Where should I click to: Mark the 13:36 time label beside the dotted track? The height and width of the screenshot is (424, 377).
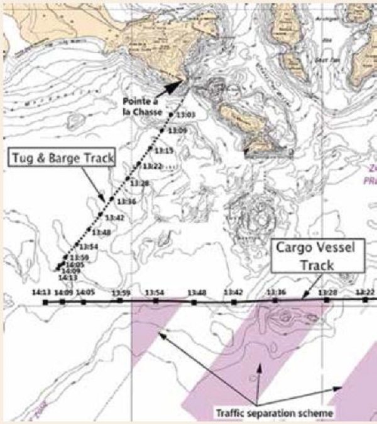(126, 201)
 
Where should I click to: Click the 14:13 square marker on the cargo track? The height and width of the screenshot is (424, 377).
(46, 302)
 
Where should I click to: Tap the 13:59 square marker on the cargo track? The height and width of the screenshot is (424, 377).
(120, 301)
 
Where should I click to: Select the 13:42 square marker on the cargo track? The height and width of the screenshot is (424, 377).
(234, 301)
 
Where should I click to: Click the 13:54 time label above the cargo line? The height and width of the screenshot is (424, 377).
(155, 293)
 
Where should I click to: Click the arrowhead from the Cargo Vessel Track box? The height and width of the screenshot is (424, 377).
(300, 296)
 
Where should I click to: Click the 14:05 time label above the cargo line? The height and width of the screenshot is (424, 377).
(85, 293)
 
